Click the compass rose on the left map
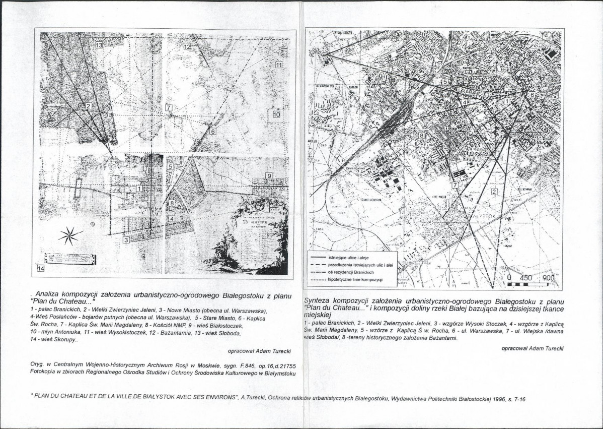point(70,235)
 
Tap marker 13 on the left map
point(99,45)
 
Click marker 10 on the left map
point(276,114)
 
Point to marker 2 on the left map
point(88,106)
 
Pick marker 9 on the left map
point(269,175)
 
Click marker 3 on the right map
point(326,49)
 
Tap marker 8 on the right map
point(422,136)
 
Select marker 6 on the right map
point(532,94)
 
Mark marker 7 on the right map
point(455,185)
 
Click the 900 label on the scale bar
point(549,278)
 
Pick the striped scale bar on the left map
point(69,258)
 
